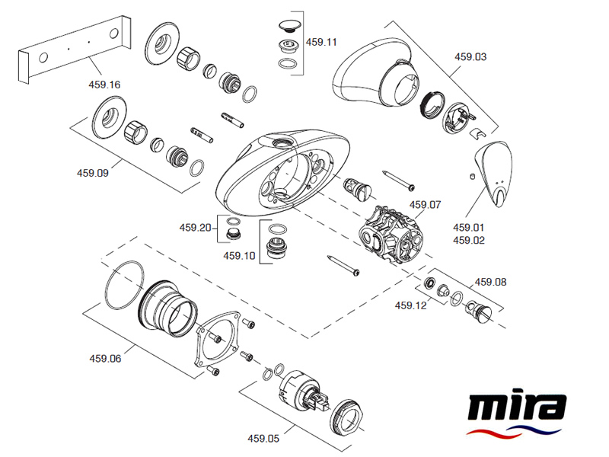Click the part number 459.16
104,85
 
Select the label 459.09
93,172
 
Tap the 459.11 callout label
320,43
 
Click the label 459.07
425,205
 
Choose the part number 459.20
195,227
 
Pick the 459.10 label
239,256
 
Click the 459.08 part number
490,282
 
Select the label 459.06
105,358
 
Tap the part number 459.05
263,438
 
